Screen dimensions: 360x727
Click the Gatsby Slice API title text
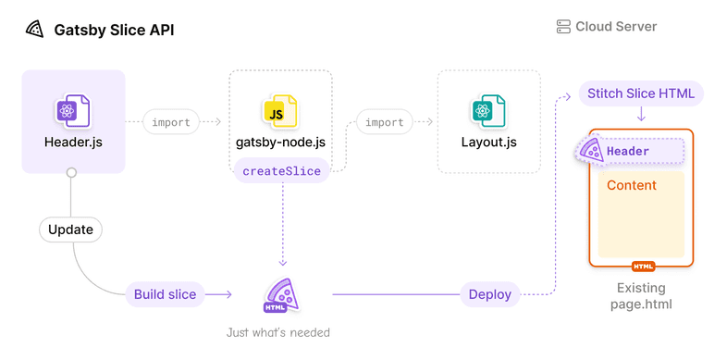(114, 30)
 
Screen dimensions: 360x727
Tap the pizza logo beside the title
(35, 30)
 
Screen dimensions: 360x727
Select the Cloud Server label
(616, 27)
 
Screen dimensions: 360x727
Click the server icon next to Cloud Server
(563, 27)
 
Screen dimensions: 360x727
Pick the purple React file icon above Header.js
(72, 111)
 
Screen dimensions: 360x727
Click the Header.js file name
(72, 143)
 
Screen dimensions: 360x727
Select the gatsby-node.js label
(279, 143)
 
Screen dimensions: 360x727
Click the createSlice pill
(281, 170)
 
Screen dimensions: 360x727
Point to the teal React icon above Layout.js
(487, 111)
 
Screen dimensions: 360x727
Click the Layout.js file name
(488, 143)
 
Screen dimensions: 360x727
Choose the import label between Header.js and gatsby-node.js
(172, 121)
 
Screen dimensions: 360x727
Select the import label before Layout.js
(384, 121)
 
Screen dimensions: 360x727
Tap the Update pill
(70, 229)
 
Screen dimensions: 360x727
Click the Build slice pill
(165, 294)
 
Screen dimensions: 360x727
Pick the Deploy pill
(489, 294)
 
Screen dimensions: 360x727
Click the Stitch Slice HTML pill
(642, 93)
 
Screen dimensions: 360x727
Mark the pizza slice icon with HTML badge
(279, 294)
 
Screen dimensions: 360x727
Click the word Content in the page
(631, 185)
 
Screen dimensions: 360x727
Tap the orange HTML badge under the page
(643, 266)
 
